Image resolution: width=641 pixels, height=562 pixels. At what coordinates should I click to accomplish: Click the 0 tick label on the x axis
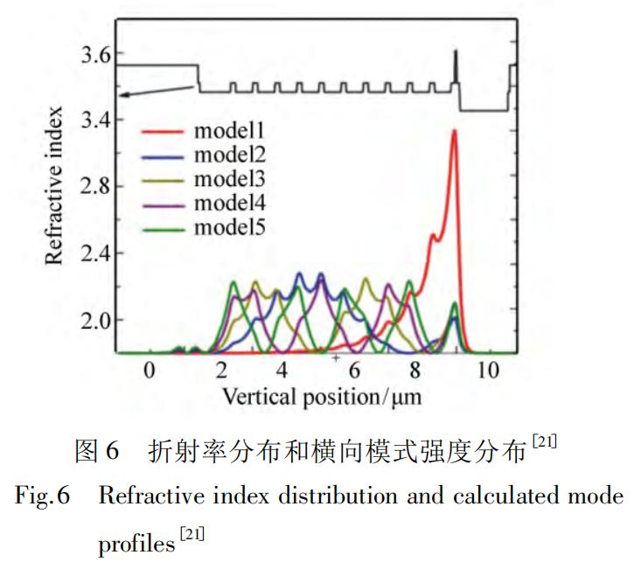[150, 371]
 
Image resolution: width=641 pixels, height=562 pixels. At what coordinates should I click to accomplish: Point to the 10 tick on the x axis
[488, 371]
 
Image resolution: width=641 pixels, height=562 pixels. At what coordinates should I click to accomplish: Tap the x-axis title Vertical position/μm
[322, 396]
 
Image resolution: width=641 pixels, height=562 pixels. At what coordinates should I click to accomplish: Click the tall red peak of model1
[454, 132]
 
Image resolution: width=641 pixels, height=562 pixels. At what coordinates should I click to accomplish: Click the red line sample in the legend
[161, 132]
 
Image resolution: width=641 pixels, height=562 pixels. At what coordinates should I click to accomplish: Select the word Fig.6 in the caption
[43, 496]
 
